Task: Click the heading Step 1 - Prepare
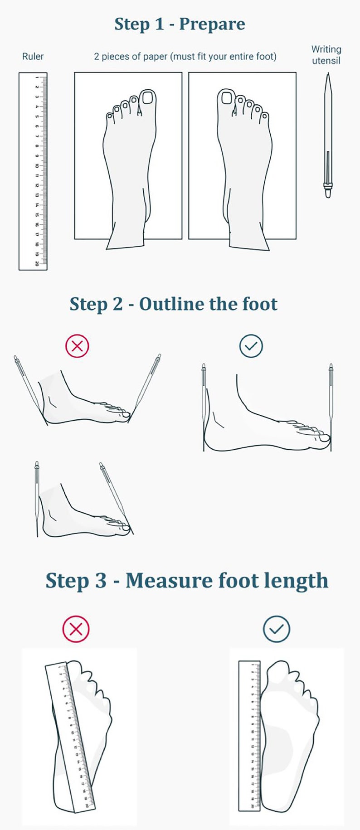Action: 180,24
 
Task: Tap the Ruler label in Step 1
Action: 33,57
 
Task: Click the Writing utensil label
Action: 326,55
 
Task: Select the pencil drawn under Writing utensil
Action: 328,136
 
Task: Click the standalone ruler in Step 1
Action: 33,171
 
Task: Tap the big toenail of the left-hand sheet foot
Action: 148,97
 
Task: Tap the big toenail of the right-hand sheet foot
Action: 224,97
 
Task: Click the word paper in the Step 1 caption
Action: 155,57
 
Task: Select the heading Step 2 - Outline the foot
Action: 173,304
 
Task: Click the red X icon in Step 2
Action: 78,346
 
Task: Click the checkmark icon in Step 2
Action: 251,346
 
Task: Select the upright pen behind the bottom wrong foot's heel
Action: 37,494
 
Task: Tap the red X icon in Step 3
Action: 76,629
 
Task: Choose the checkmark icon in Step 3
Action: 277,629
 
